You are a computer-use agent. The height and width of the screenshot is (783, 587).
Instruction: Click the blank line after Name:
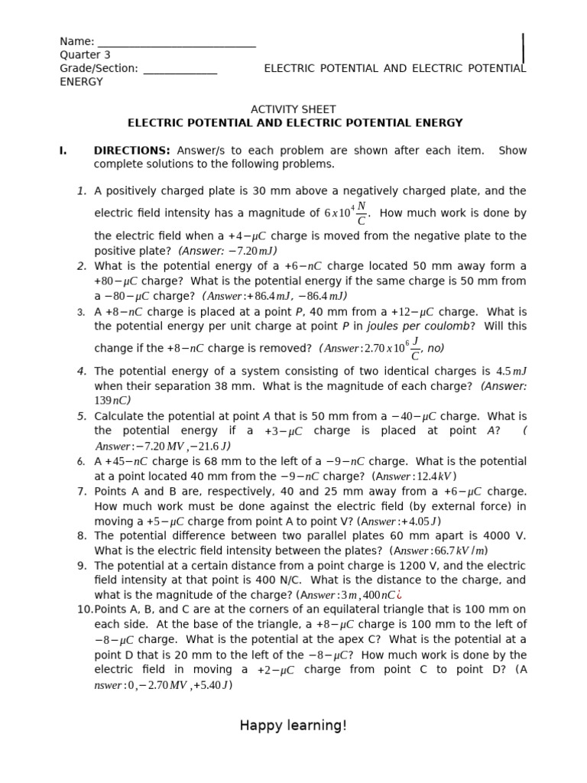pyautogui.click(x=177, y=43)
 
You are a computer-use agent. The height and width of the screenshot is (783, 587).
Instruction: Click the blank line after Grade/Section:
pyautogui.click(x=180, y=70)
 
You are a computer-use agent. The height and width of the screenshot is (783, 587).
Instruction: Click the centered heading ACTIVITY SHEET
pyautogui.click(x=293, y=109)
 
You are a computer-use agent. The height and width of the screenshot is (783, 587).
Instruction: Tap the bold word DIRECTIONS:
pyautogui.click(x=131, y=151)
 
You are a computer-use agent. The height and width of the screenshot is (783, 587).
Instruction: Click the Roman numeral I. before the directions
pyautogui.click(x=63, y=151)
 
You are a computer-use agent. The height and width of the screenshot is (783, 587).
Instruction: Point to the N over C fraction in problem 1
pyautogui.click(x=361, y=213)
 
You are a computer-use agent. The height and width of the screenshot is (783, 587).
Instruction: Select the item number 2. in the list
pyautogui.click(x=82, y=266)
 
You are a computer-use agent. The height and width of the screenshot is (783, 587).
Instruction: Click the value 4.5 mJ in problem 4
pyautogui.click(x=511, y=372)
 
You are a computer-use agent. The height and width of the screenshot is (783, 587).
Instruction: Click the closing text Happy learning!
pyautogui.click(x=293, y=726)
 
